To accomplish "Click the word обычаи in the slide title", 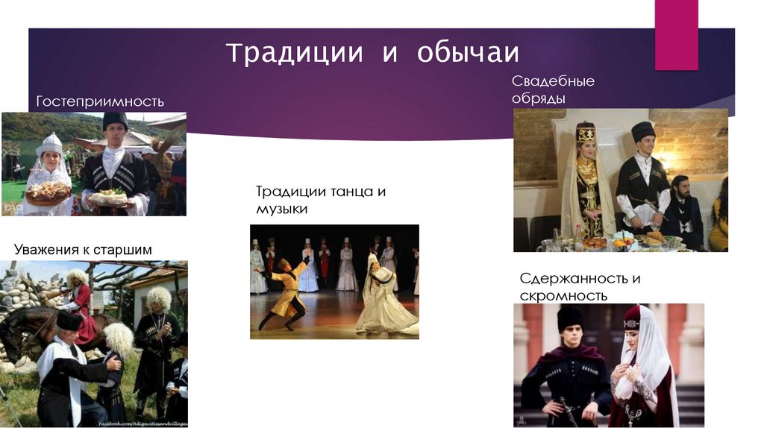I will coord(467,54).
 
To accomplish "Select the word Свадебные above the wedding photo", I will coord(553,81).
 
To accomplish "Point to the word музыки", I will coord(281,210).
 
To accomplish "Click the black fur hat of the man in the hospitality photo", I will coord(115,121).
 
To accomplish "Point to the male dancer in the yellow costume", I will coord(285,291).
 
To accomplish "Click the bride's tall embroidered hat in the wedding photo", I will coord(586,133).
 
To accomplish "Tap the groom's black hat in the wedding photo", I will coord(642,131).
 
